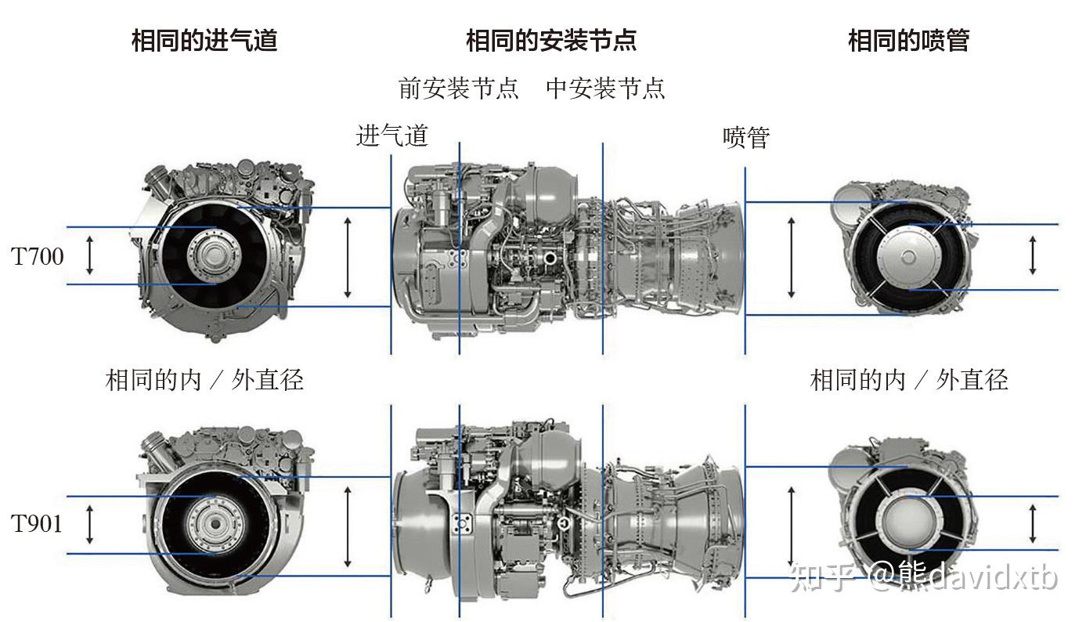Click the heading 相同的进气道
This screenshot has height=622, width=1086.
[x=204, y=40]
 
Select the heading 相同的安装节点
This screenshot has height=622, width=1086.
[x=550, y=40]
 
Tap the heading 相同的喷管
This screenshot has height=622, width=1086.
[x=908, y=40]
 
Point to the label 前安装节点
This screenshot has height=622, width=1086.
[x=459, y=88]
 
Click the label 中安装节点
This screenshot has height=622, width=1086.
[x=605, y=88]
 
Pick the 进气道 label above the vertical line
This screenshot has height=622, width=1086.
[x=392, y=136]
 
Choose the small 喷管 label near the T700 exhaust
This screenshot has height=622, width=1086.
[x=746, y=137]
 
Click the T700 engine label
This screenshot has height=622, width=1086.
[x=38, y=256]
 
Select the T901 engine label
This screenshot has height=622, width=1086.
[x=38, y=523]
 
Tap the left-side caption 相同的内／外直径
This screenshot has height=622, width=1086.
[x=204, y=380]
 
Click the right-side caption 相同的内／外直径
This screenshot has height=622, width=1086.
[x=908, y=380]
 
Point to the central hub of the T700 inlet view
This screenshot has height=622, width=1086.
[x=215, y=256]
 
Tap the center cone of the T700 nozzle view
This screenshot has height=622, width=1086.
[x=908, y=256]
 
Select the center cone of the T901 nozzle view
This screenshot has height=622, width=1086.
[x=908, y=521]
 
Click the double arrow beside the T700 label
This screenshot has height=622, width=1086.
[x=89, y=255]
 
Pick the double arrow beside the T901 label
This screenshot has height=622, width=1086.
[x=89, y=524]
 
